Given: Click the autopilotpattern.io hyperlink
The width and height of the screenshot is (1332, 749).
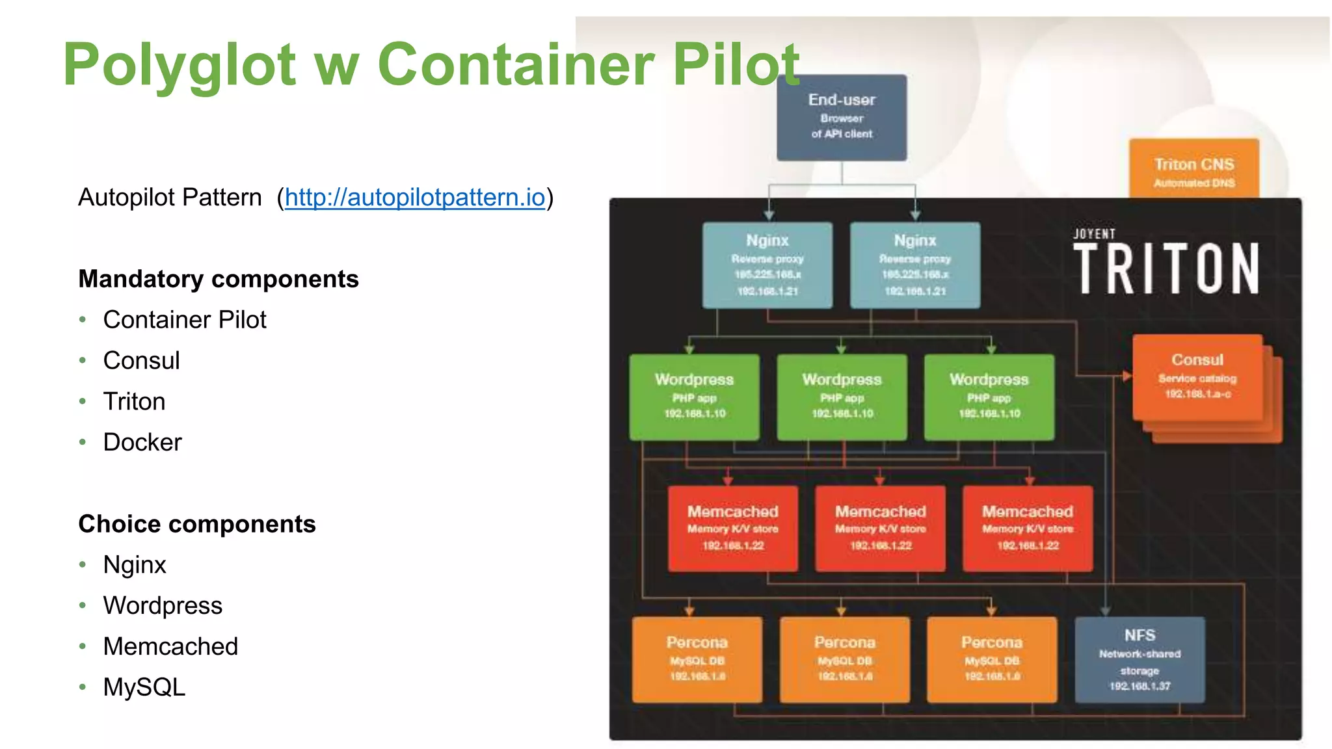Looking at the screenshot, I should click(414, 197).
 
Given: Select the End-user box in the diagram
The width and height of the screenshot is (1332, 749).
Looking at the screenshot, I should click(841, 117).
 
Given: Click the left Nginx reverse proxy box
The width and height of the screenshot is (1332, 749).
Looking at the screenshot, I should click(767, 265).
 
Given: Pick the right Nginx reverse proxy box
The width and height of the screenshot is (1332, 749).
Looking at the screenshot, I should click(914, 265).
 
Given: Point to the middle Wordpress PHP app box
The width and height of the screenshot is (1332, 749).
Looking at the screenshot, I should click(842, 396).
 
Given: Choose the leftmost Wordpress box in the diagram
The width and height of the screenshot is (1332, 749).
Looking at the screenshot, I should click(694, 396).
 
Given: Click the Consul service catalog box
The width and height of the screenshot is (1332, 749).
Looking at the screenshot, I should click(1197, 377).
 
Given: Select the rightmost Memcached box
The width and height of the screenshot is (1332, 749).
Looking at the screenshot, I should click(1028, 528).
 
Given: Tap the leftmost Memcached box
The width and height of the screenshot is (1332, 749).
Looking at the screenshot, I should click(732, 528).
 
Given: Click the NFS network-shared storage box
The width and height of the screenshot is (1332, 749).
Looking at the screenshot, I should click(1139, 659).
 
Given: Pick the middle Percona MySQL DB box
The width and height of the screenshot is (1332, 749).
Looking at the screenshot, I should click(844, 659).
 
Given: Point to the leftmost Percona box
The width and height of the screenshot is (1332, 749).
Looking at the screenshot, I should click(697, 659).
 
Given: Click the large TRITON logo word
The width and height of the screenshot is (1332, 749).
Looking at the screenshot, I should click(1166, 269).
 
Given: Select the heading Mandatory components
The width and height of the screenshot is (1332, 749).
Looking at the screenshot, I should click(219, 279).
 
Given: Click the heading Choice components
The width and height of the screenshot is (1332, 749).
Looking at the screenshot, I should click(197, 524).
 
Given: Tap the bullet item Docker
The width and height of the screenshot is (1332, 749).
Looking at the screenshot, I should click(142, 442).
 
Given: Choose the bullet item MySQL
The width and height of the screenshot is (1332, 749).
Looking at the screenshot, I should click(144, 687).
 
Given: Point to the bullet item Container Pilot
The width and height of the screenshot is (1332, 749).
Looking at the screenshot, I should click(185, 320).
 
